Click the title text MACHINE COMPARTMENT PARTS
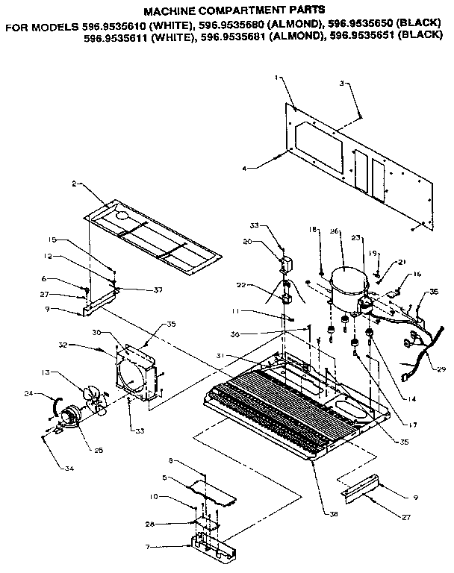click(234, 12)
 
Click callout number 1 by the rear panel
click(276, 77)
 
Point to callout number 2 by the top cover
click(75, 183)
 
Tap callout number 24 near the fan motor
click(49, 393)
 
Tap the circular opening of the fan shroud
click(136, 369)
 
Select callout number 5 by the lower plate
click(165, 477)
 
